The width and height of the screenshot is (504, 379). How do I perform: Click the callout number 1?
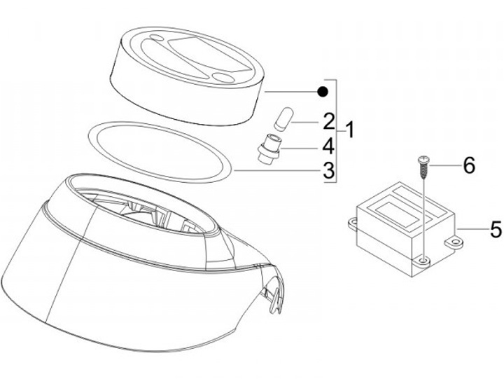349,130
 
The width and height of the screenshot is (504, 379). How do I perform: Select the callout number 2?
329,121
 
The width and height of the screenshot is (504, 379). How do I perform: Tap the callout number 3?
328,170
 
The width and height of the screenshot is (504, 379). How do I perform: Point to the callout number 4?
328,146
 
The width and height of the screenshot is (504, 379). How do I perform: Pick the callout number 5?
496,229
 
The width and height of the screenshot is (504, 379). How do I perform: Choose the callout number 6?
469,165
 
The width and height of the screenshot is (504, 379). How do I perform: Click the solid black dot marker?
322,92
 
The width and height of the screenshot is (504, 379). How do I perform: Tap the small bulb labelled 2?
283,118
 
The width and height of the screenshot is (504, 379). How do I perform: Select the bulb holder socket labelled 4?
269,149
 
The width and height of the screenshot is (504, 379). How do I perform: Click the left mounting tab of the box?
353,224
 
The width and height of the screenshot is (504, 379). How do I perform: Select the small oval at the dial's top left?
156,38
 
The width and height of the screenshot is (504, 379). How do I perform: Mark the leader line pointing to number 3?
279,171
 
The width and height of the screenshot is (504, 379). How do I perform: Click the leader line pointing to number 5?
472,229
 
